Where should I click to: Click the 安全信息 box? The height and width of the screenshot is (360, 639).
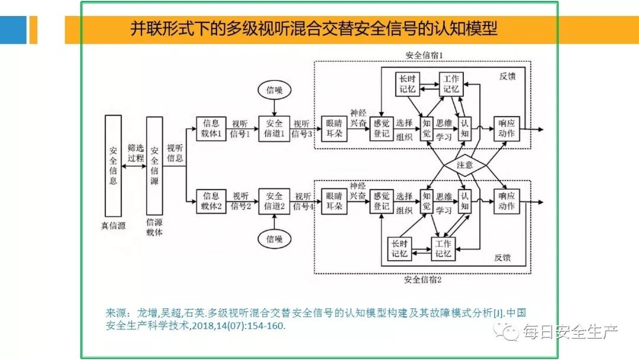click(113, 165)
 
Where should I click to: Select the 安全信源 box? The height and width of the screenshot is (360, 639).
click(154, 165)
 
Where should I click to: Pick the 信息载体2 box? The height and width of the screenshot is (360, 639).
click(211, 201)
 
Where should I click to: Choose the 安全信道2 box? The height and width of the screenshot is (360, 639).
click(274, 201)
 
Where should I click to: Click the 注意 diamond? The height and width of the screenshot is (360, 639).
click(464, 165)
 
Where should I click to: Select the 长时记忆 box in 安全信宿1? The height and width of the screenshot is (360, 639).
click(408, 84)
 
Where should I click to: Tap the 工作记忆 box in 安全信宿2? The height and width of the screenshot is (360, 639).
click(443, 249)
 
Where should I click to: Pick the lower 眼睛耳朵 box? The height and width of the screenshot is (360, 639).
click(334, 201)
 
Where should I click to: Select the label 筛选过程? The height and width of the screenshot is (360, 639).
click(135, 153)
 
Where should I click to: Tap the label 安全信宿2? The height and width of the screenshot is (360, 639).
click(422, 280)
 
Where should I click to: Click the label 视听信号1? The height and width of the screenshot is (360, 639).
click(240, 129)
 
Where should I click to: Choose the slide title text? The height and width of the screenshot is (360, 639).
click(314, 28)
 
